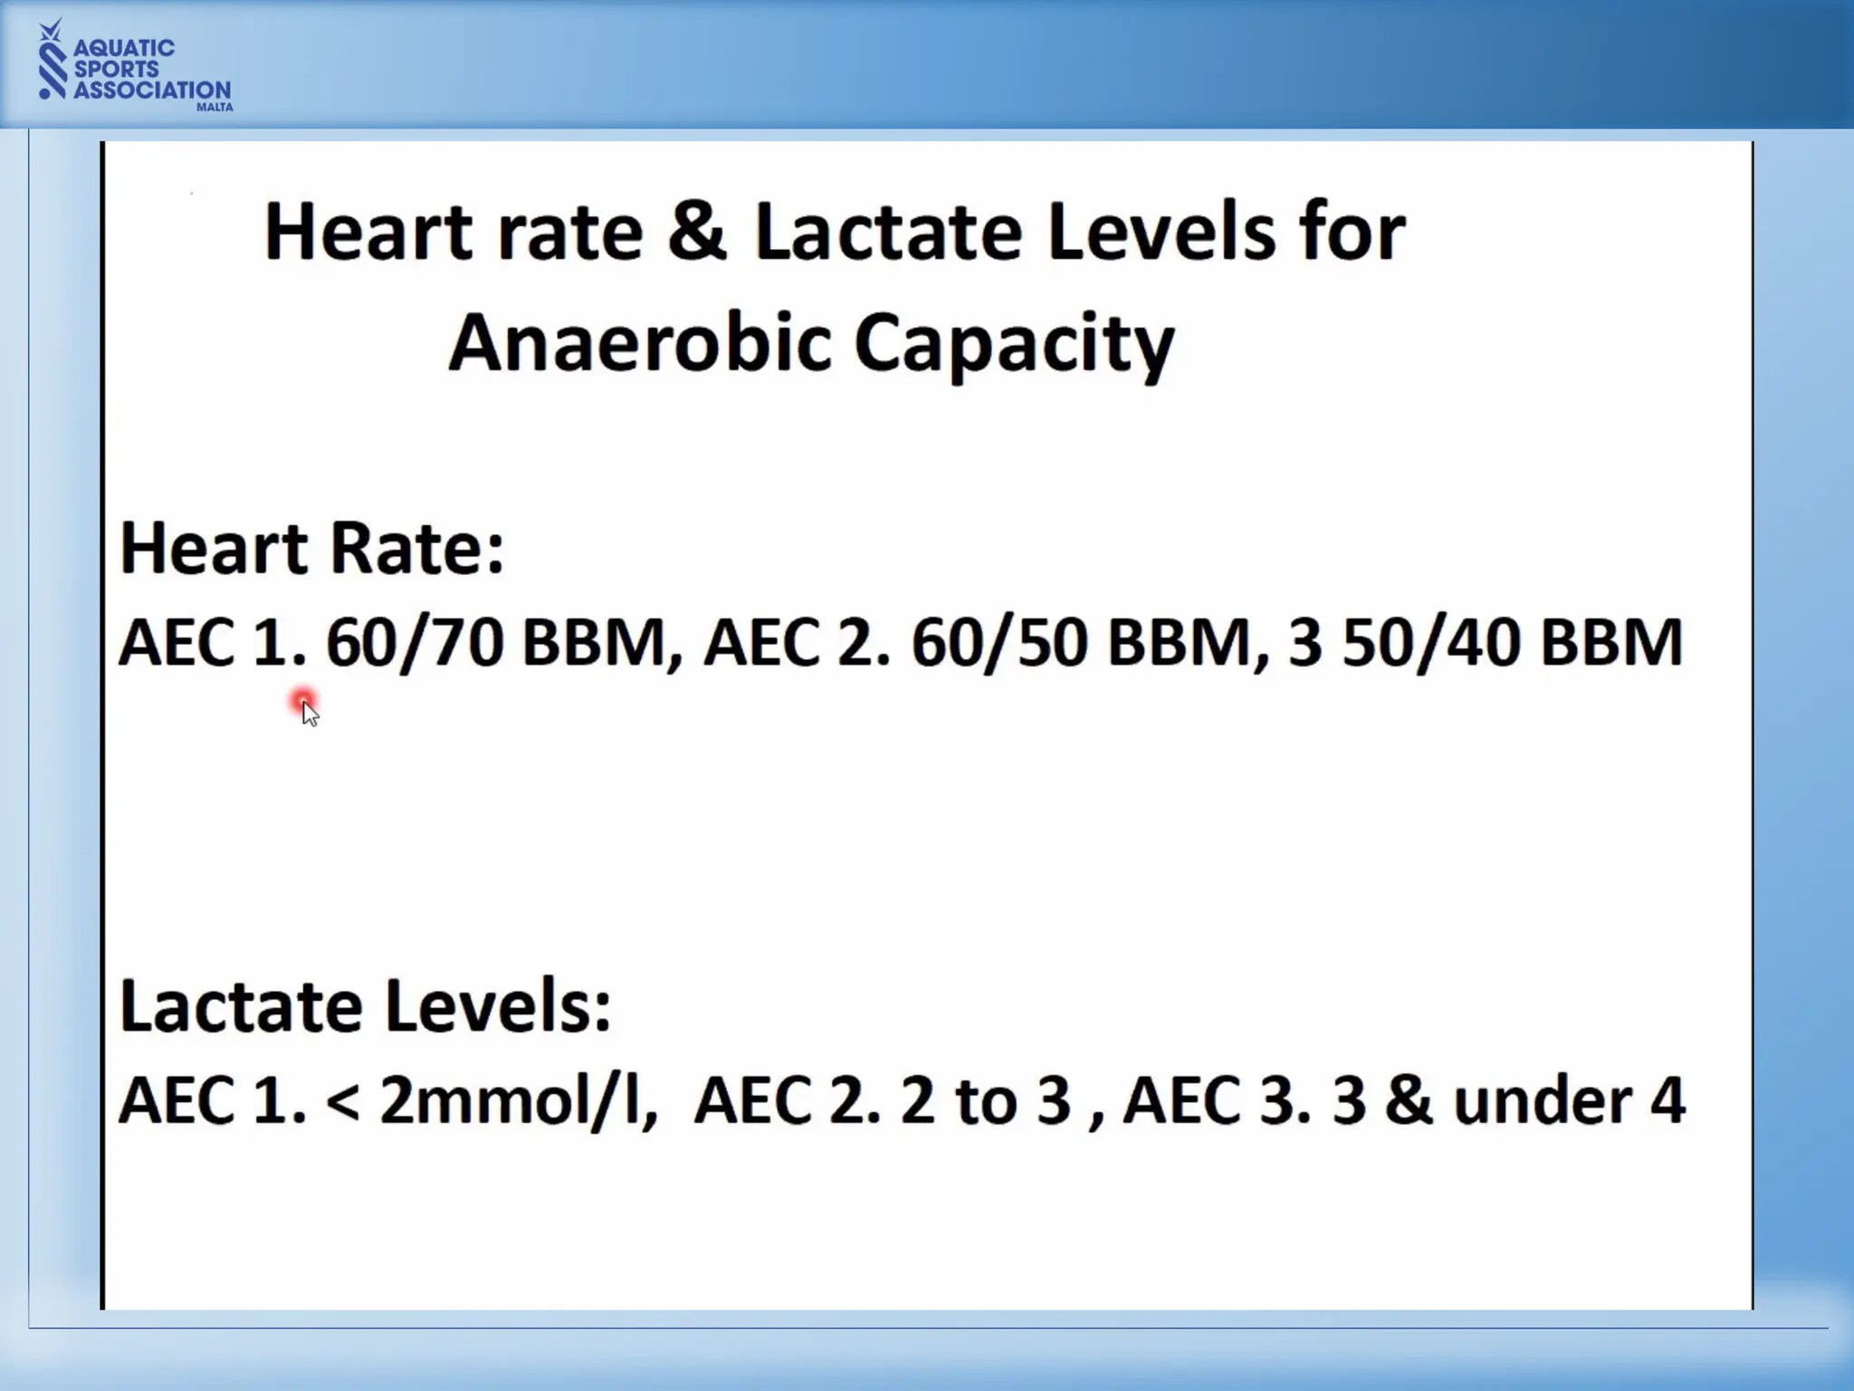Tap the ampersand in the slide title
[x=697, y=231]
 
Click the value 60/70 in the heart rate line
[x=415, y=642]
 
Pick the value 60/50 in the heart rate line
[x=999, y=642]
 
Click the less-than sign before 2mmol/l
[x=341, y=1102]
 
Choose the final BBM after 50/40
[x=1611, y=642]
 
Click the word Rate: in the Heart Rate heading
[x=416, y=548]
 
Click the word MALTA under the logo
[x=215, y=107]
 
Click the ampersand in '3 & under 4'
[x=1409, y=1100]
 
